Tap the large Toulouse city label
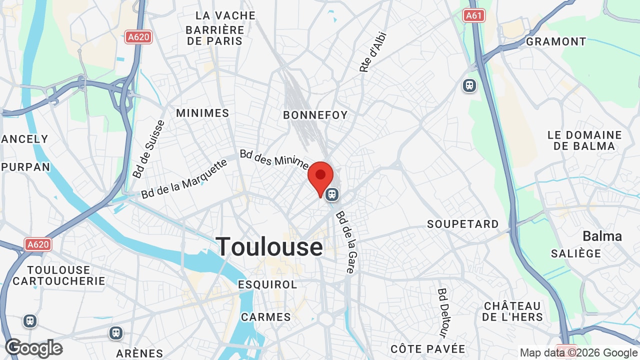pos(269,247)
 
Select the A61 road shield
pos(473,15)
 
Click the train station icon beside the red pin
pos(332,194)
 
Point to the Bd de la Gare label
pos(345,242)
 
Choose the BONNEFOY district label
pos(315,115)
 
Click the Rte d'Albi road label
pos(373,52)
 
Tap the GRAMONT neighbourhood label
pos(556,41)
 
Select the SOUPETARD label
pos(462,224)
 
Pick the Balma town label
pos(602,236)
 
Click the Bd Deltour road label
pos(443,312)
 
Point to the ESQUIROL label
pos(267,284)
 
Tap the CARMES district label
pos(266,317)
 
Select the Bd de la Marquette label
pos(184,178)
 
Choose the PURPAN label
pos(25,167)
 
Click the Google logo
pos(34,348)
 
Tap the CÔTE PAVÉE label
pos(428,349)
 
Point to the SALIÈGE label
pos(576,254)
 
